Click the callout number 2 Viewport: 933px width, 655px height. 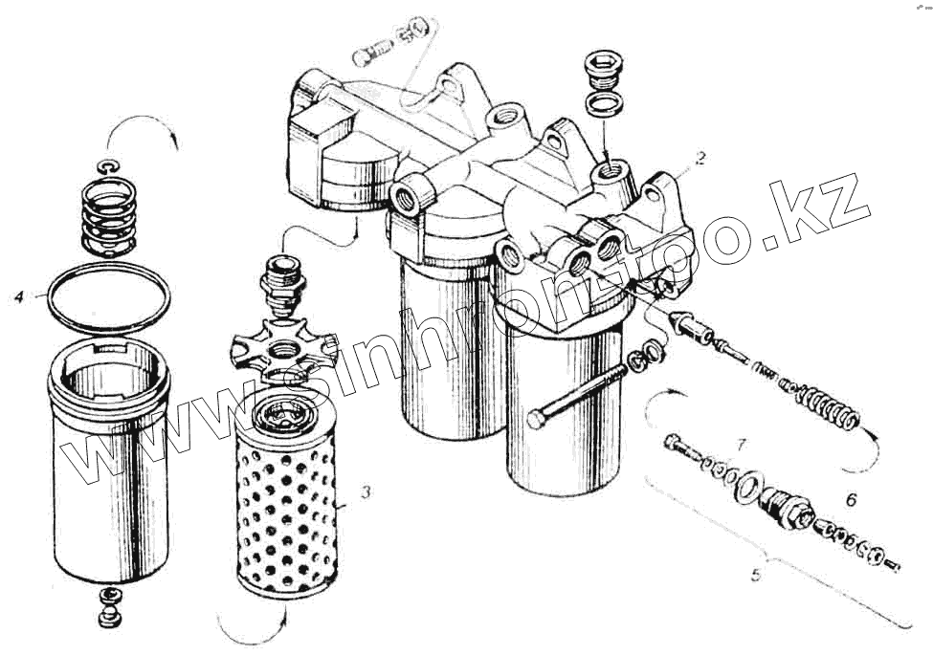point(700,158)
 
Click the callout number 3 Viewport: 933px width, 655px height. point(366,491)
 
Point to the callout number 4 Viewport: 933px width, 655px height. point(20,295)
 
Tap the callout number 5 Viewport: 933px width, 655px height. point(756,575)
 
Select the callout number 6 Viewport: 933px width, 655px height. point(851,500)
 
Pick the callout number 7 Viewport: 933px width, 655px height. point(741,445)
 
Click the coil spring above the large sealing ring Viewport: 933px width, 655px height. point(108,216)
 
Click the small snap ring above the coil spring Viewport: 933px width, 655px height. point(109,167)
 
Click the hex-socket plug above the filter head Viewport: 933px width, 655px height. point(605,70)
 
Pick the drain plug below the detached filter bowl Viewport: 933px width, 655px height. point(109,607)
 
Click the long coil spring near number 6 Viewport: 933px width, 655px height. point(824,402)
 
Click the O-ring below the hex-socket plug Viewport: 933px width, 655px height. point(605,104)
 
